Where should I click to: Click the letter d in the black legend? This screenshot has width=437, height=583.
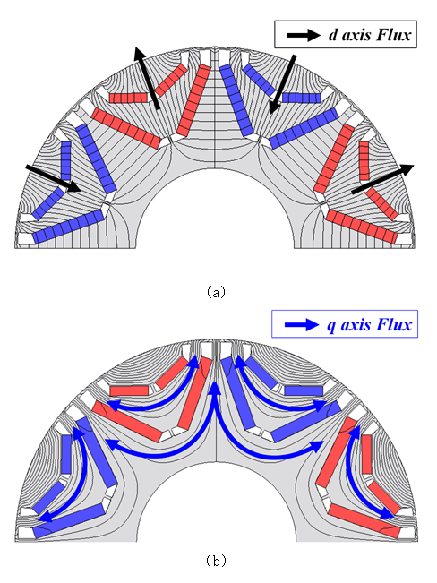pos(333,35)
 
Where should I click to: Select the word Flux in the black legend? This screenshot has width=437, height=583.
pos(393,35)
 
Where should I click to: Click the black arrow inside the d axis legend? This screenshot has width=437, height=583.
pos(304,35)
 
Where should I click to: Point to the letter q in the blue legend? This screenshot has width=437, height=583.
pos(331,326)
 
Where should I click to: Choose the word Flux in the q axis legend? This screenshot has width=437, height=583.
pos(394,324)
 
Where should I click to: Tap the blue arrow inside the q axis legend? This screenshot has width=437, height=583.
pos(302,324)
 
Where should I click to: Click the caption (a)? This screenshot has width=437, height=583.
pos(216,292)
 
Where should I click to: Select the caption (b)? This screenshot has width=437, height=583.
pos(216,560)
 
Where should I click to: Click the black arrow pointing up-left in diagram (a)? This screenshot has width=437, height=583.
pos(147,78)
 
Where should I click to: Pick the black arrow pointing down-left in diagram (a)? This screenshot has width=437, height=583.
pos(283,84)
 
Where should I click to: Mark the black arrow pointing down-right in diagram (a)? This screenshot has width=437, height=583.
pos(53,178)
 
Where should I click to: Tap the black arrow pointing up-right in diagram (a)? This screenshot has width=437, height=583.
pos(382,179)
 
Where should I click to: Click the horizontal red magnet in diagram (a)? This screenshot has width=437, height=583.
pos(129,98)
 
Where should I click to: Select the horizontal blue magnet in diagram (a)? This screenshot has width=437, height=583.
pos(302,98)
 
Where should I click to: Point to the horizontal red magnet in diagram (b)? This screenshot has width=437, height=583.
pos(129,390)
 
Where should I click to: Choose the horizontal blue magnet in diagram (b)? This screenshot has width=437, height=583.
pos(304,390)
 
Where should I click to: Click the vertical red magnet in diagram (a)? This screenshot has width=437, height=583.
pos(364,160)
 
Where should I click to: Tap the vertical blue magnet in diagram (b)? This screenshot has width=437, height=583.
pos(66,454)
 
